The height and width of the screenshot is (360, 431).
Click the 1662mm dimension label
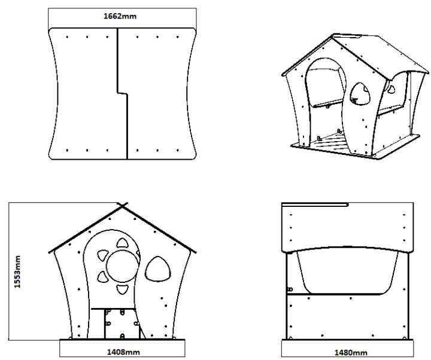120,16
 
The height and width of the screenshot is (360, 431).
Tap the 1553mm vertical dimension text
17,271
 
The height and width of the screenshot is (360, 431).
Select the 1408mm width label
123,352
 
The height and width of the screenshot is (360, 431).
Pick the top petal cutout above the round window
122,243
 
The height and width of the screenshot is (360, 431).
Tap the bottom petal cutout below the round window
122,289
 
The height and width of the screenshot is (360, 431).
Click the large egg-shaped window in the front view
157,269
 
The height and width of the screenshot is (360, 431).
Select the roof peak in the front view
122,205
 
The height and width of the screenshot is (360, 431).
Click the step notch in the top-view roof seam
122,94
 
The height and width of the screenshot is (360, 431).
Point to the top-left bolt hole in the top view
67,37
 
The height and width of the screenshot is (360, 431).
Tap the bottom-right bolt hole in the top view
178,150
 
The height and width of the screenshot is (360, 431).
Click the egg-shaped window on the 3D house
360,94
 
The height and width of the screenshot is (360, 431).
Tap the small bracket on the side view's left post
290,289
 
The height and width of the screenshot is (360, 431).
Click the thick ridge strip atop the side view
315,205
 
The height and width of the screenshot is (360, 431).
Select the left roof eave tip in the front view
49,252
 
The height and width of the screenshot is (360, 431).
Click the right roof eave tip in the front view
195,252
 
